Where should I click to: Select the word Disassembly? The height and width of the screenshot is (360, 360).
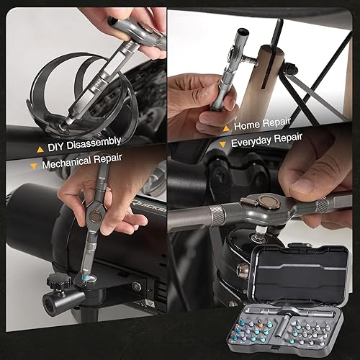(93, 142)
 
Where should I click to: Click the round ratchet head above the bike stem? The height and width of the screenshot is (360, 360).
(254, 203)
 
